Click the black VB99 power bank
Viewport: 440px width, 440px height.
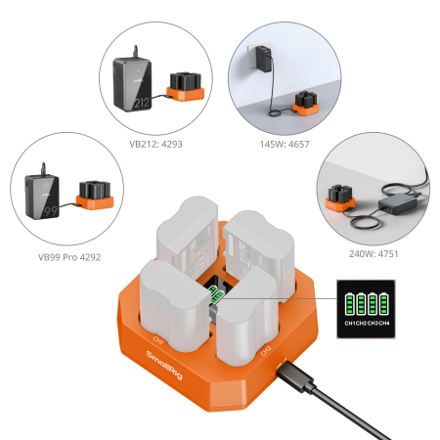click(46, 200)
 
